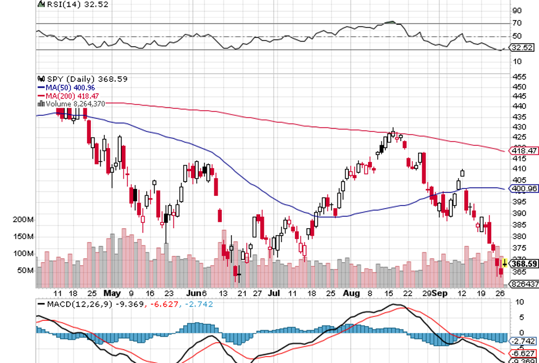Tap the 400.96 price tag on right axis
524,188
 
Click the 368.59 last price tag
524,264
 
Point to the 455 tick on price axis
519,77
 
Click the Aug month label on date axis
350,293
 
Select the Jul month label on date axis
275,293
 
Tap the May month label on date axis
112,293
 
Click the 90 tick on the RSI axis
517,10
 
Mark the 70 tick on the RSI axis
517,23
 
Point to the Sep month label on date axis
439,293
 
